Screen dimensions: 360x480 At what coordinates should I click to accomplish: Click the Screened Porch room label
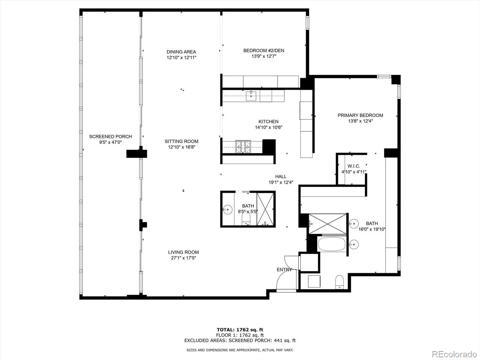tap(110, 136)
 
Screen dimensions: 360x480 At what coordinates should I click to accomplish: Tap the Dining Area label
tap(181, 52)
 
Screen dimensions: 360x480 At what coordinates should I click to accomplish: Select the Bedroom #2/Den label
tap(263, 50)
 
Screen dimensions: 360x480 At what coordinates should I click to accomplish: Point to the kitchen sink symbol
tap(251, 96)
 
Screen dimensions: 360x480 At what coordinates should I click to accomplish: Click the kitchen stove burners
tap(242, 147)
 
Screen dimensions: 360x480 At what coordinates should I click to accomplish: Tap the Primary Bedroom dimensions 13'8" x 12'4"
tap(360, 121)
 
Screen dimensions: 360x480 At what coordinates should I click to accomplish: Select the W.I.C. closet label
tap(353, 166)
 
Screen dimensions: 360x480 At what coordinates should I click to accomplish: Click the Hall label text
tap(281, 176)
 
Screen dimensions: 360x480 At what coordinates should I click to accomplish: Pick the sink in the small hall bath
tap(227, 209)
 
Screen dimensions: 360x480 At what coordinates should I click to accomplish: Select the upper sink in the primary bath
tap(354, 224)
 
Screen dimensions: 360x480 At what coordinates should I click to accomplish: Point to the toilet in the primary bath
tap(339, 282)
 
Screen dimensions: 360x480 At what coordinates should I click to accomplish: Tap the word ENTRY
tap(284, 270)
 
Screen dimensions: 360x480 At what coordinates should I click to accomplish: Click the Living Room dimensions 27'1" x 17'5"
tap(183, 258)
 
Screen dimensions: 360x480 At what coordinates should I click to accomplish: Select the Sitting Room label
tap(181, 141)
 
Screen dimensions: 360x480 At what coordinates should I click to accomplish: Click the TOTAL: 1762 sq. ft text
tap(240, 330)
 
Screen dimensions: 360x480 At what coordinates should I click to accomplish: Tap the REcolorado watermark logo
tap(454, 354)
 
